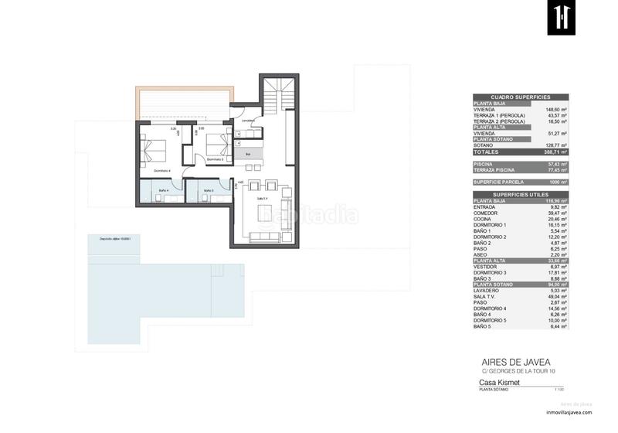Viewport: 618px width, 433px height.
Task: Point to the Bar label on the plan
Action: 248,154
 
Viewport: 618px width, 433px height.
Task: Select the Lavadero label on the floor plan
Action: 248,121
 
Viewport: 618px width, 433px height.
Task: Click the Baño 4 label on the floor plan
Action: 163,189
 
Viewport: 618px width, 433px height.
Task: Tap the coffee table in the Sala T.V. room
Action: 265,213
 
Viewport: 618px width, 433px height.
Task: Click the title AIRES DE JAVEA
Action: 506,360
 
